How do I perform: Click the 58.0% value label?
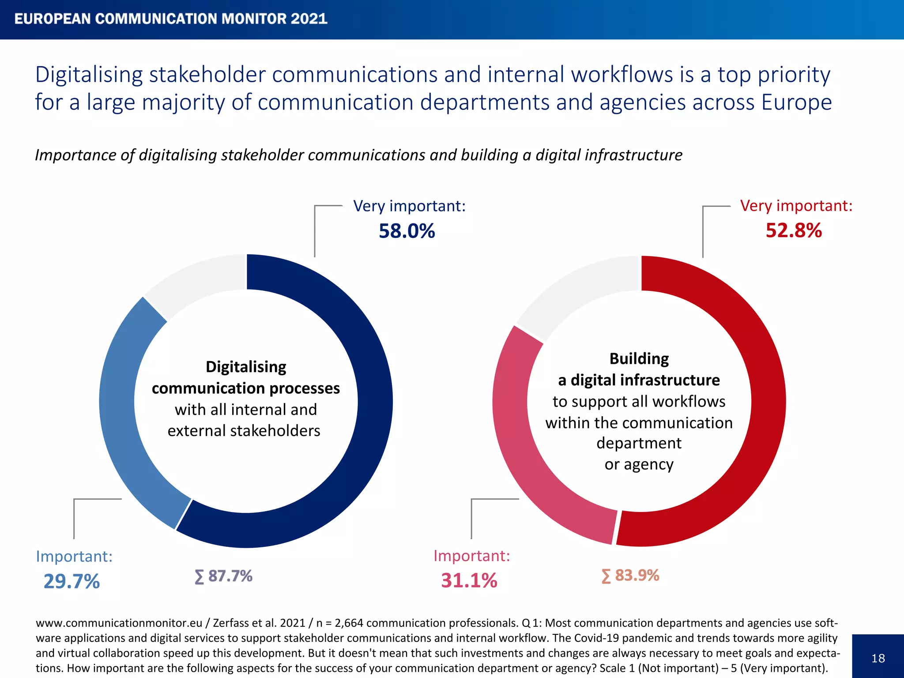(407, 231)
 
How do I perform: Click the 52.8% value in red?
(793, 230)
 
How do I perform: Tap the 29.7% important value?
(72, 581)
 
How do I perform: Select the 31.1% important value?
(469, 580)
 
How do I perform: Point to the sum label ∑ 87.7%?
(224, 576)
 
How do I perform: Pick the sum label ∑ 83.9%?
(630, 576)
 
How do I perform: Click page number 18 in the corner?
(878, 658)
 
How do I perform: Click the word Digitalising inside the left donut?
(246, 367)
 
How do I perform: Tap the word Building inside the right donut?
(639, 358)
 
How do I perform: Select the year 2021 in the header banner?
(309, 19)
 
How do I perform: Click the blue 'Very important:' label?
(409, 206)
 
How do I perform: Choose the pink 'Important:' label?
(471, 556)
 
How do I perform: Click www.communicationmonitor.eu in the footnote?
(119, 623)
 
